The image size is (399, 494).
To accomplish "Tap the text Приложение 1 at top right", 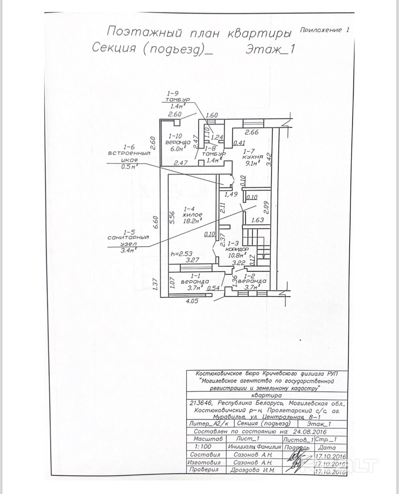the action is tap(324, 30).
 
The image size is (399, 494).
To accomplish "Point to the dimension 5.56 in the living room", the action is tap(173, 217).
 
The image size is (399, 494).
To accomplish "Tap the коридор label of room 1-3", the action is tap(238, 250).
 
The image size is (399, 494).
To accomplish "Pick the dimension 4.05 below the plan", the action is tap(192, 301).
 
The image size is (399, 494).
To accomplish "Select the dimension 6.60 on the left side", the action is tap(156, 222).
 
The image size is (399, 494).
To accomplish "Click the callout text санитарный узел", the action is tap(128, 240).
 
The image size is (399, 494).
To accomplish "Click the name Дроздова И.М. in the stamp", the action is tap(252, 470).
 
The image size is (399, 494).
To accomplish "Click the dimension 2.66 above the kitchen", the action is tap(251, 132).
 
